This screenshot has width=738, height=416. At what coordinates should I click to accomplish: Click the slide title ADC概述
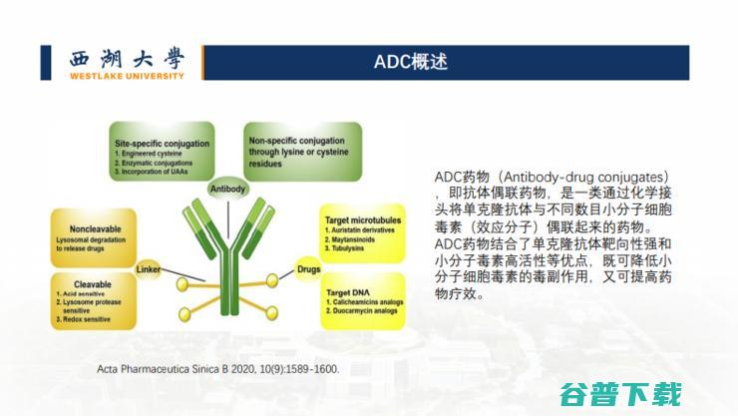[x=411, y=61]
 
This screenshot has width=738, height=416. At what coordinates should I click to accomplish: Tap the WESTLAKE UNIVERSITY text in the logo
[x=127, y=75]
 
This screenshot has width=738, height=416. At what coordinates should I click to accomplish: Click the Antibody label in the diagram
[x=227, y=188]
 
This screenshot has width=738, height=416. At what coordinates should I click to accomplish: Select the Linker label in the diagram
[x=149, y=269]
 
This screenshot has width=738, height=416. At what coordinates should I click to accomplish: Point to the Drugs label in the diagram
[x=307, y=268]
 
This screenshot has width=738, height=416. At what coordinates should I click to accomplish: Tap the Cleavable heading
[x=97, y=284]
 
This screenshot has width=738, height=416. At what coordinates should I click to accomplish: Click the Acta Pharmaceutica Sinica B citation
[x=218, y=368]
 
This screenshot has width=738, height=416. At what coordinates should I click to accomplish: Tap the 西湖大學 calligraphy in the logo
[x=128, y=58]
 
